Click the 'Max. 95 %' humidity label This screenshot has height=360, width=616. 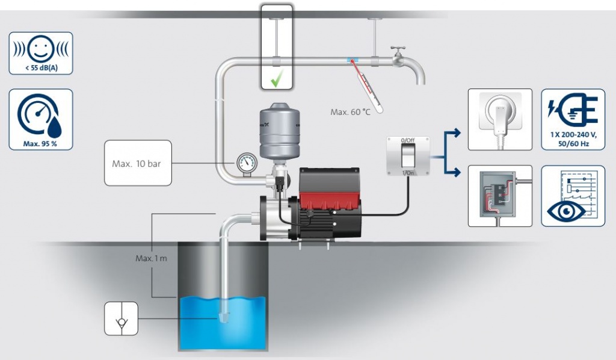[42, 143]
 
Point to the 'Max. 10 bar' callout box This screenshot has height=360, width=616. [137, 163]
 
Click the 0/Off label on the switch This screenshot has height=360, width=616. [408, 140]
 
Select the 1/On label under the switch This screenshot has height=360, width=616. [408, 173]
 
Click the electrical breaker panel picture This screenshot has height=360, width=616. [500, 196]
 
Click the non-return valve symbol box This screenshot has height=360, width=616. [122, 319]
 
